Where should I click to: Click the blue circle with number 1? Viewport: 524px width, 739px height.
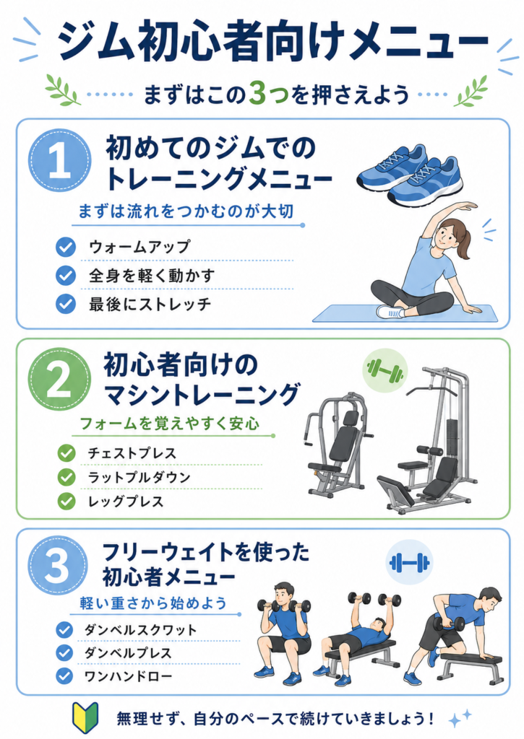59,160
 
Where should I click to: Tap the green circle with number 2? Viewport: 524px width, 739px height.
59,380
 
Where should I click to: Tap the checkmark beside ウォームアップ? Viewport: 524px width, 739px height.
66,247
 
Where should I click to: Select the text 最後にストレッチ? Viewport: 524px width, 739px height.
150,304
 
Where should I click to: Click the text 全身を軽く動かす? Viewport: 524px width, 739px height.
152,276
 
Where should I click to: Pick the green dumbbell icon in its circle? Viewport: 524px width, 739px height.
385,371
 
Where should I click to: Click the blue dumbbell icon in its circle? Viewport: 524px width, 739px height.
409,563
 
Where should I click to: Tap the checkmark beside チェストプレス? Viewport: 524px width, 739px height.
66,453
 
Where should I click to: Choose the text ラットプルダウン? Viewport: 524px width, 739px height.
139,478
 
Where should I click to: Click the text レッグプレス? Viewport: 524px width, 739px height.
126,502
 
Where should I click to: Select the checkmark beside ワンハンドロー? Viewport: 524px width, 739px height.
64,676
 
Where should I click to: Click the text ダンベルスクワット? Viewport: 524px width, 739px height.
140,629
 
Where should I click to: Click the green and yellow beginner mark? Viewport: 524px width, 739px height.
85,718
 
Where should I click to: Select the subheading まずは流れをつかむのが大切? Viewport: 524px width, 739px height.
186,211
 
